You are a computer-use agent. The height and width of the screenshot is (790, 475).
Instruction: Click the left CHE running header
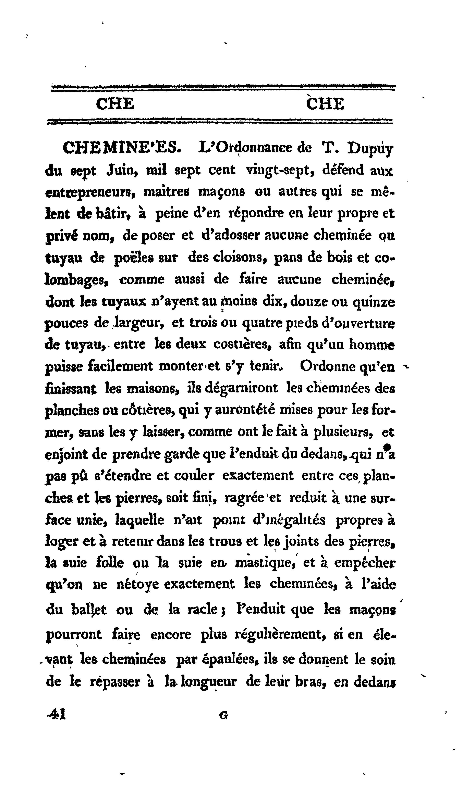115,104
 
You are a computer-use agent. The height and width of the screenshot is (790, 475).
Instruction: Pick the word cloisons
239,257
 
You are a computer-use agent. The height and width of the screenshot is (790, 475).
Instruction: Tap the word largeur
139,324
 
